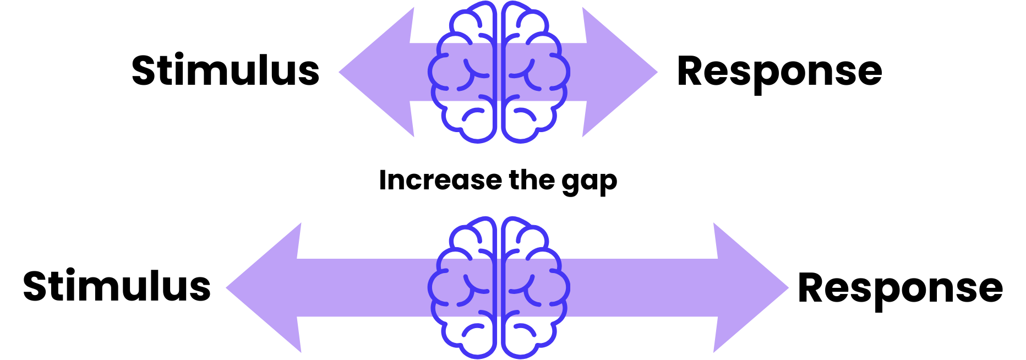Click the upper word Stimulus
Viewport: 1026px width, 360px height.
pyautogui.click(x=225, y=71)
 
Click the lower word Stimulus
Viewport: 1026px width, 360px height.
pyautogui.click(x=117, y=287)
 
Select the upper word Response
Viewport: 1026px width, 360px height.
pyautogui.click(x=779, y=72)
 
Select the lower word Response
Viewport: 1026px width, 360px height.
pyautogui.click(x=900, y=288)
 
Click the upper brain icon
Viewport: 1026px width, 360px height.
pyautogui.click(x=499, y=72)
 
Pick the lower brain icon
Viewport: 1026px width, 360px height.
pyautogui.click(x=499, y=287)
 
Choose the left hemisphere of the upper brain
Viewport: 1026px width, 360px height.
pyautogui.click(x=465, y=72)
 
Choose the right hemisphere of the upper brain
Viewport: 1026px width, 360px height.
pyautogui.click(x=533, y=72)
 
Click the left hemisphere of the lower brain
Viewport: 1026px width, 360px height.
pyautogui.click(x=465, y=287)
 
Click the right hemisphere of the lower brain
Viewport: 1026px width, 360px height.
pyautogui.click(x=533, y=287)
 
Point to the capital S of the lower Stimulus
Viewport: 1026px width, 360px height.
pyautogui.click(x=37, y=287)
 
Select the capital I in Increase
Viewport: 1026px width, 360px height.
pyautogui.click(x=383, y=180)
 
